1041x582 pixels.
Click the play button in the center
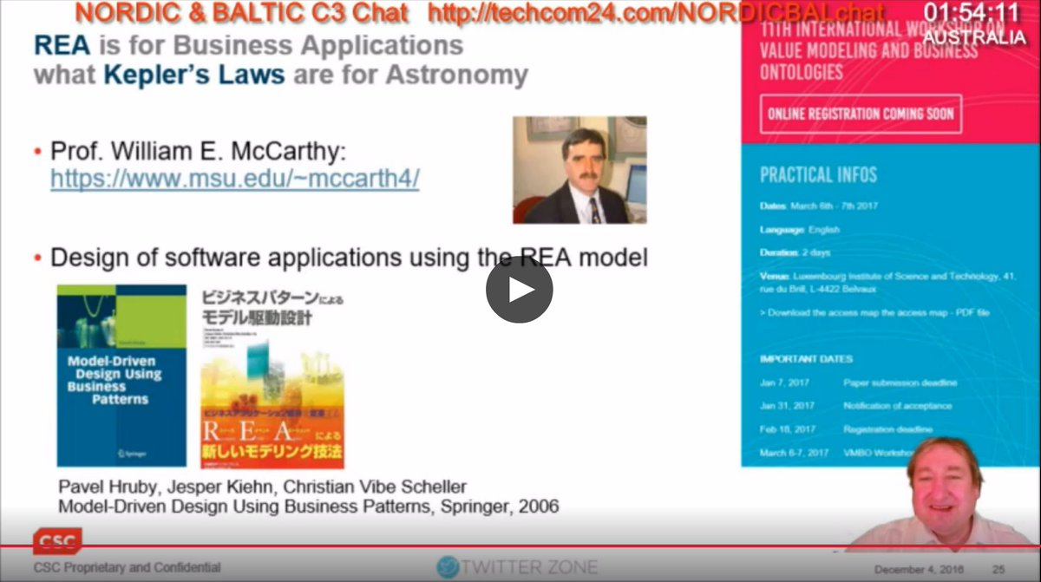tap(519, 290)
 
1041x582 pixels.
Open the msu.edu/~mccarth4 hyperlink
tap(234, 179)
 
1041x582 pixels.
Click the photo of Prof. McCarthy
tap(579, 170)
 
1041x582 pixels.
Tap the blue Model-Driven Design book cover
tap(121, 376)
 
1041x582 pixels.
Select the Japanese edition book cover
tap(272, 377)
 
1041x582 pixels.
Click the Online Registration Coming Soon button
tap(861, 114)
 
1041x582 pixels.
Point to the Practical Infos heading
tap(818, 174)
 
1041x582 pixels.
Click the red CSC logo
tap(58, 542)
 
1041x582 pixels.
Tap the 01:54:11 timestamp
tap(972, 13)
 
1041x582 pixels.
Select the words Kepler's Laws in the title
tap(193, 75)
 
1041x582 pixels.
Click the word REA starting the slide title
tap(62, 45)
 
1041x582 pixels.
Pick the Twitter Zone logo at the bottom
tap(517, 567)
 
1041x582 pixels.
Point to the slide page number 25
tap(998, 569)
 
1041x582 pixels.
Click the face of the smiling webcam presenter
tap(945, 478)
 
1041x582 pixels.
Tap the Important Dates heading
tap(806, 359)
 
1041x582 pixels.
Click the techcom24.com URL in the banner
tap(657, 12)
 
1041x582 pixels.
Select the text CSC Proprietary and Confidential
tap(127, 567)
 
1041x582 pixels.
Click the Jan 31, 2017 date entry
tap(787, 406)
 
